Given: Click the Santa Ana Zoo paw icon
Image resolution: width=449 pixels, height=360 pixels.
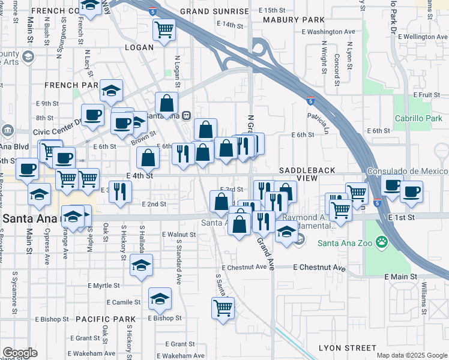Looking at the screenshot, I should click(382, 242).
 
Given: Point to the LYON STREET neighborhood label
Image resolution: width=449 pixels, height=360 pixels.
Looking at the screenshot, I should click(348, 348).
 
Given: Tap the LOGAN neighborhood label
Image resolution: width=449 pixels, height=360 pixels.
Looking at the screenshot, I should click(139, 47).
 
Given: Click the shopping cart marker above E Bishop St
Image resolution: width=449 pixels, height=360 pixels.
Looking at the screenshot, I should click(223, 308).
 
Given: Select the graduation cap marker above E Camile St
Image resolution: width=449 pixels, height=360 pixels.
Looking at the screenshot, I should click(160, 298).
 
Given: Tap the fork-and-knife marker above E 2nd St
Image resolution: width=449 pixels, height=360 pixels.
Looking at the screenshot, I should click(121, 191).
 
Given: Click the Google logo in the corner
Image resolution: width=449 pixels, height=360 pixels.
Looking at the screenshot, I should click(20, 353).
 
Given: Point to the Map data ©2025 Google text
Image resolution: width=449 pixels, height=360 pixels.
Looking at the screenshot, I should click(411, 355).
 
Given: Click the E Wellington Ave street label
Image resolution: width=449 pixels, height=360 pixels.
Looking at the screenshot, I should click(418, 37).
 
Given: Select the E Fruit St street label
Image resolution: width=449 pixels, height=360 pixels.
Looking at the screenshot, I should click(427, 95).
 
